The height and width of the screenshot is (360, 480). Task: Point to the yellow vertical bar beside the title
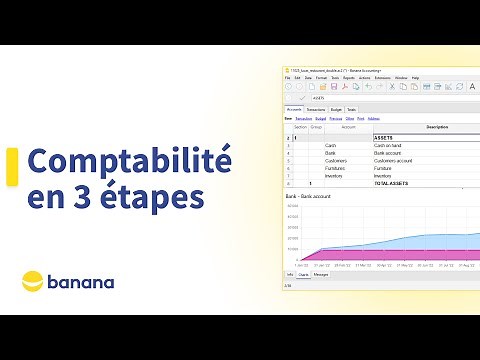[11, 178]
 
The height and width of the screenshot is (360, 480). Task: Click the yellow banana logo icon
[37, 281]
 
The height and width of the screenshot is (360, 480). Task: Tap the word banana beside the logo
[86, 282]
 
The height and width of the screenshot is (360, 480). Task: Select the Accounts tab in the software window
[295, 109]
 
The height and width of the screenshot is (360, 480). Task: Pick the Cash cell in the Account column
[330, 145]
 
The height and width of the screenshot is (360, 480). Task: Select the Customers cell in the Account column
[335, 160]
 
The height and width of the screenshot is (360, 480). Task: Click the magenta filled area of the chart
[400, 256]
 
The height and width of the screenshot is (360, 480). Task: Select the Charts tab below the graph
[303, 274]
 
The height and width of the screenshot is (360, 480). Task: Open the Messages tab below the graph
[321, 274]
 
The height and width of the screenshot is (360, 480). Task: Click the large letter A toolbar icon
[472, 87]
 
